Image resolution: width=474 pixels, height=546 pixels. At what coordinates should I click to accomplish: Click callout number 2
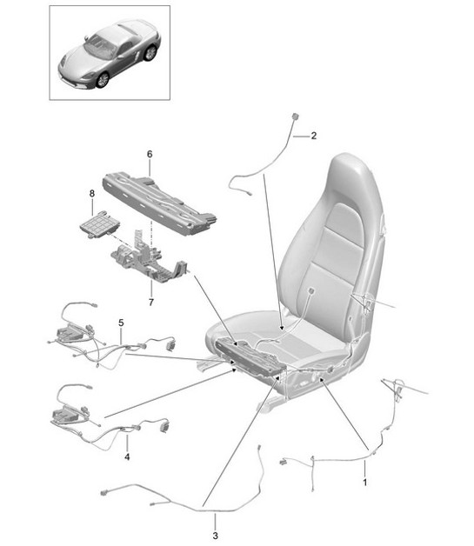click(314, 135)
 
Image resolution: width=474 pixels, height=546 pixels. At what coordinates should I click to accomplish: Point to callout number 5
click(121, 323)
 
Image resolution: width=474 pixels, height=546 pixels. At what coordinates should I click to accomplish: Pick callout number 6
click(150, 155)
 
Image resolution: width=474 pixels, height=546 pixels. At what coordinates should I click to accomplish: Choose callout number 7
click(150, 301)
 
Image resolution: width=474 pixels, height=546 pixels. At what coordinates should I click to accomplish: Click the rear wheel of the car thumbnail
click(151, 53)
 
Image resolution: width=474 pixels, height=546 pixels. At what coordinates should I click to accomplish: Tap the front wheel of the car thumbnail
click(103, 78)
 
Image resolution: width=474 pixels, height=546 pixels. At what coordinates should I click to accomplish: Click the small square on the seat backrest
click(310, 294)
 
